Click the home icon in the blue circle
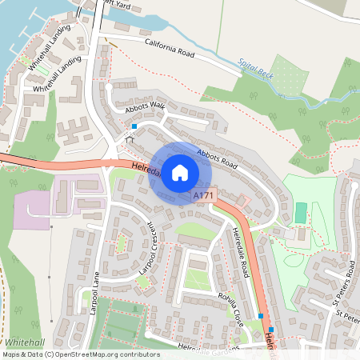pos(179,173)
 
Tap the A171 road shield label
pos(203,195)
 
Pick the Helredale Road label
pos(242,247)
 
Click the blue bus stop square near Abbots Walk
pos(134,126)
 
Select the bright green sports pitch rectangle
pos(300,213)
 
